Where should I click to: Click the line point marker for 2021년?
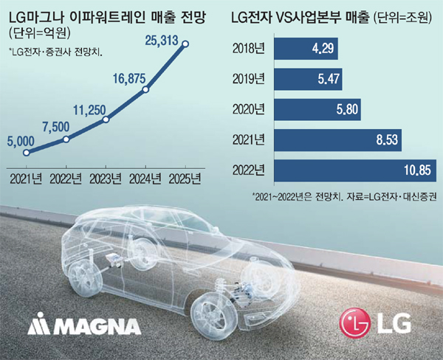point(27,153)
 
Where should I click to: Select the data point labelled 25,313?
point(185,44)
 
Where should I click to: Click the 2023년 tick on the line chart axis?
point(106,178)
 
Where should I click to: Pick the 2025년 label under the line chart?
point(185,178)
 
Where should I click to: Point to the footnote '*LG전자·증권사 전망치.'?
point(55,52)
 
